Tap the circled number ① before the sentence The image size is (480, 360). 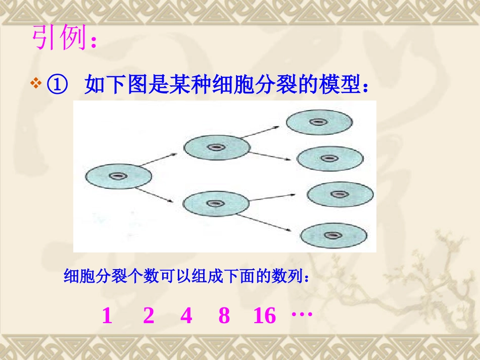tap(57, 85)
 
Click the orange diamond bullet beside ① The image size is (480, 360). tap(36, 83)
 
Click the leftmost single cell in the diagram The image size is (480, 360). tap(119, 176)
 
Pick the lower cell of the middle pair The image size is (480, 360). tap(216, 203)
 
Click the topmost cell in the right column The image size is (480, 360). tap(319, 122)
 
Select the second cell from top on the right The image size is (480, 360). tap(329, 159)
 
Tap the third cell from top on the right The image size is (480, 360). tap(341, 194)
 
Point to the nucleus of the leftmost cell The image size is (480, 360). tap(119, 176)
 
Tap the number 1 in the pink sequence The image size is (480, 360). tap(107, 316)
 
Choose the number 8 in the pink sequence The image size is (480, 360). tap(224, 316)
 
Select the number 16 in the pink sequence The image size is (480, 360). tap(265, 316)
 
